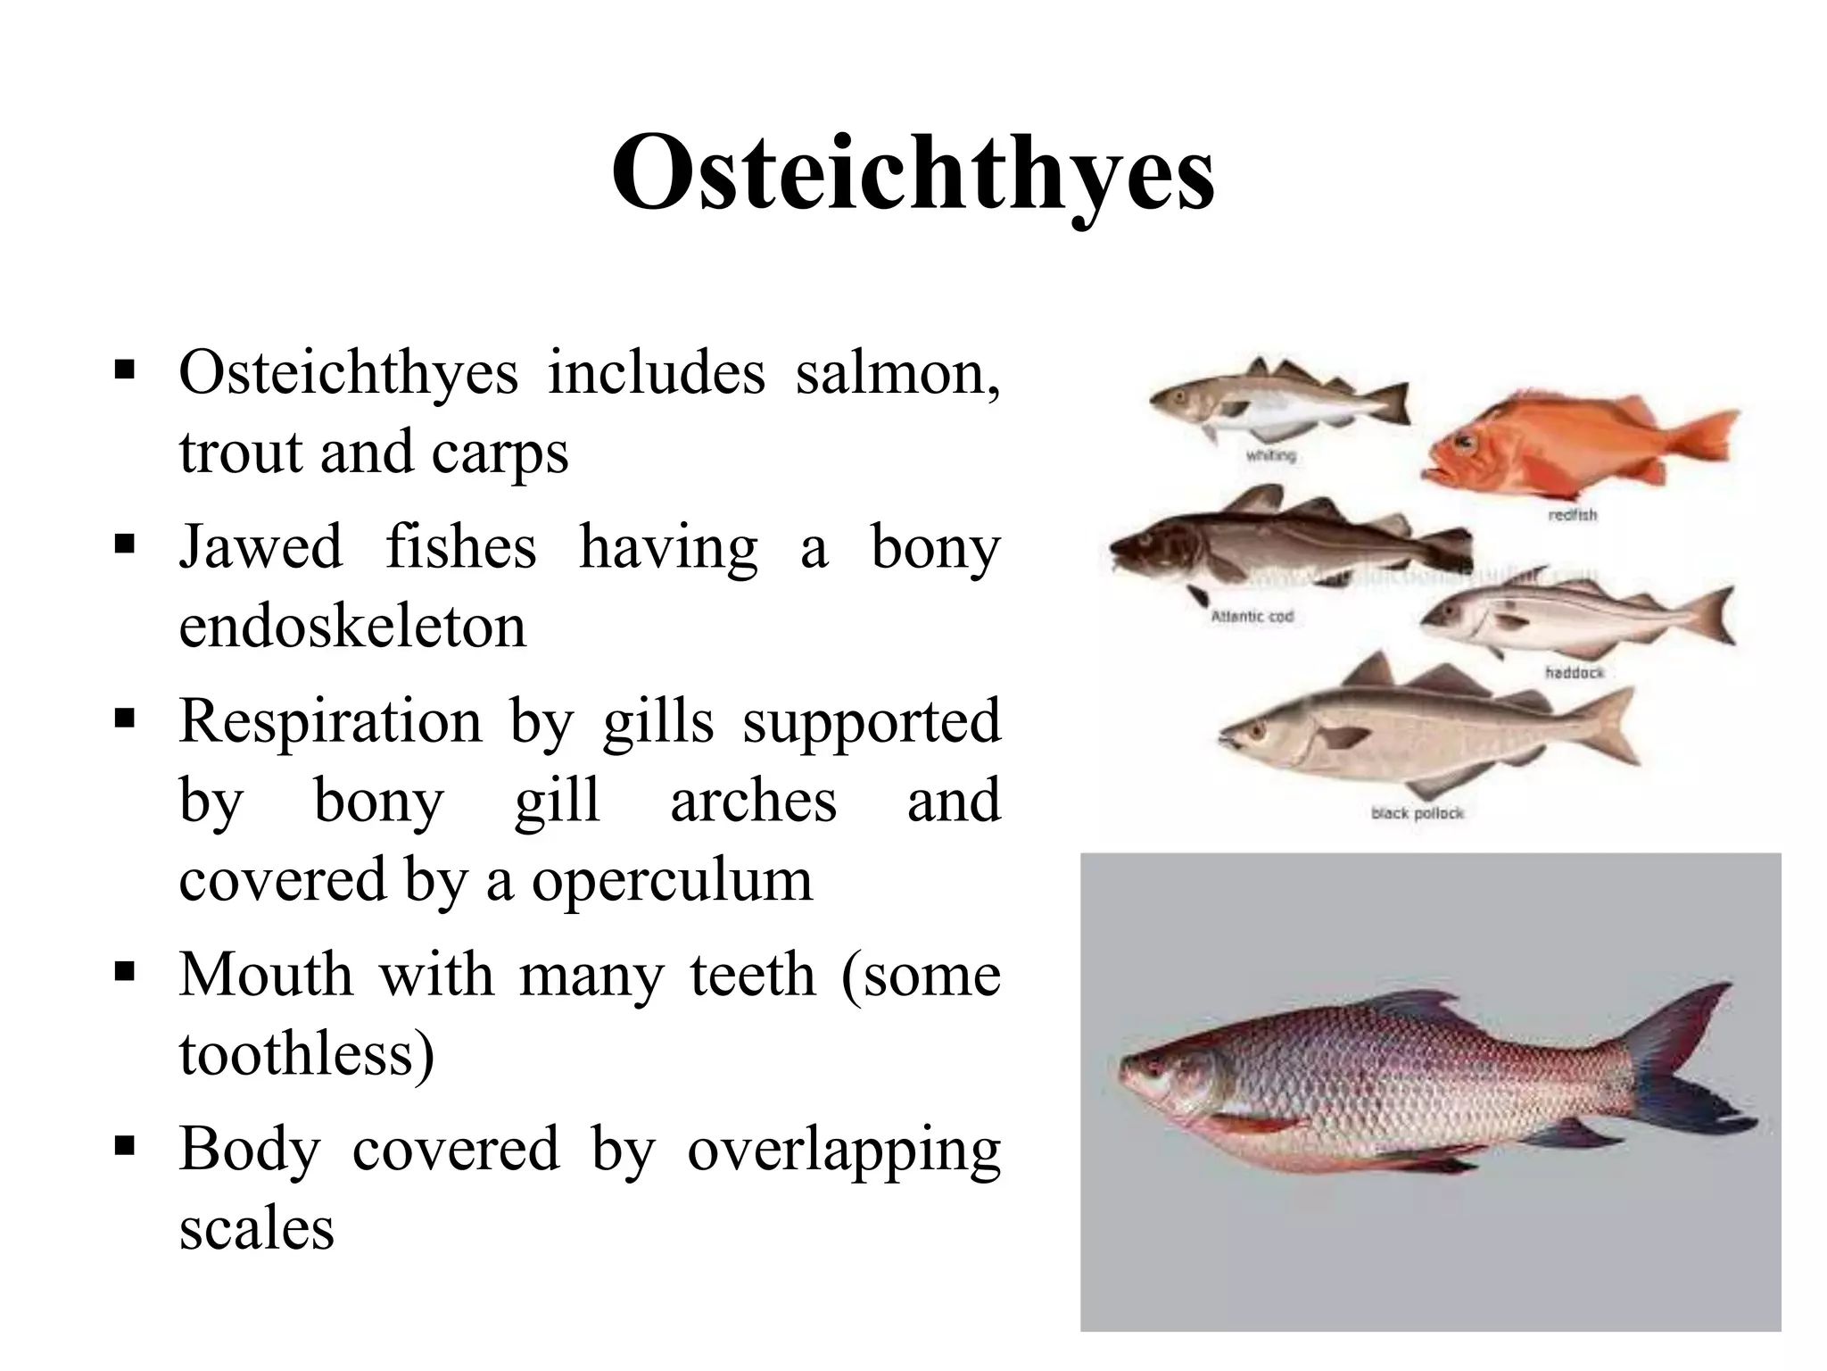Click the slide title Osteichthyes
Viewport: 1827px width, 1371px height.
(x=913, y=174)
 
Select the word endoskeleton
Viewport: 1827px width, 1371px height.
(x=352, y=627)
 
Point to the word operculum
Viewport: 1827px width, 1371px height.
(x=672, y=882)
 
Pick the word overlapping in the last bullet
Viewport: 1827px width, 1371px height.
(x=843, y=1151)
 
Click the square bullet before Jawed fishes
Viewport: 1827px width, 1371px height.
(x=124, y=543)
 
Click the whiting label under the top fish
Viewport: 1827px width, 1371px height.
(x=1270, y=456)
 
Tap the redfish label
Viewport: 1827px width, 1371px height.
(x=1572, y=515)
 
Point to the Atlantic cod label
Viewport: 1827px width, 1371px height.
(x=1252, y=617)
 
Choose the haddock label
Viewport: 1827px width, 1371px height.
(x=1574, y=672)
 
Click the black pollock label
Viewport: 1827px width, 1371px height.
(x=1417, y=813)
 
